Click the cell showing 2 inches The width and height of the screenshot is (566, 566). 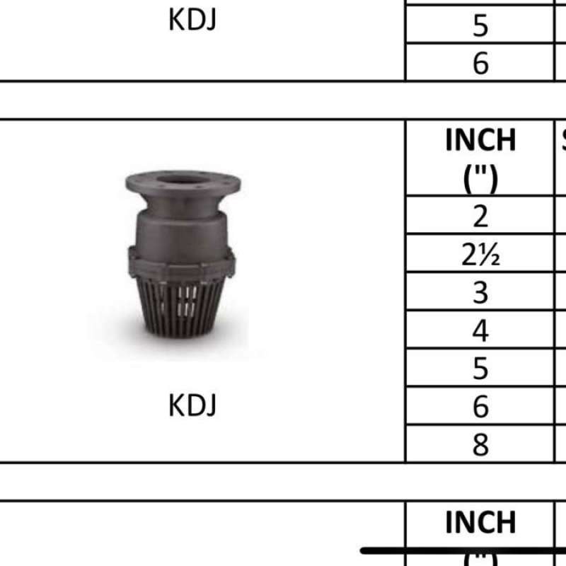click(480, 216)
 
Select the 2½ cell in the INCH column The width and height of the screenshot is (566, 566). click(480, 254)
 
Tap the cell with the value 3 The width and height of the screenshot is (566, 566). click(480, 292)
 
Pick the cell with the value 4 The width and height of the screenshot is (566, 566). click(480, 330)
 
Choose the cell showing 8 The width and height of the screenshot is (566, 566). click(480, 445)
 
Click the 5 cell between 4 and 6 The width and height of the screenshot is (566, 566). click(480, 369)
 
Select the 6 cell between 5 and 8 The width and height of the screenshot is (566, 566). click(480, 407)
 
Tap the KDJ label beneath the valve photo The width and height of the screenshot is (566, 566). click(192, 405)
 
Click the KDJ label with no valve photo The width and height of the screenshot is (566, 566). click(192, 21)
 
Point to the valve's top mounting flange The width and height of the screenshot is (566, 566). click(183, 185)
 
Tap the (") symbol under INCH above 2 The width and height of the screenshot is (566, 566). click(480, 178)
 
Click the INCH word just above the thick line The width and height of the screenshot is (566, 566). click(480, 523)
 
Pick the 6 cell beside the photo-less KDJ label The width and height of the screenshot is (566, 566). click(480, 63)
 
